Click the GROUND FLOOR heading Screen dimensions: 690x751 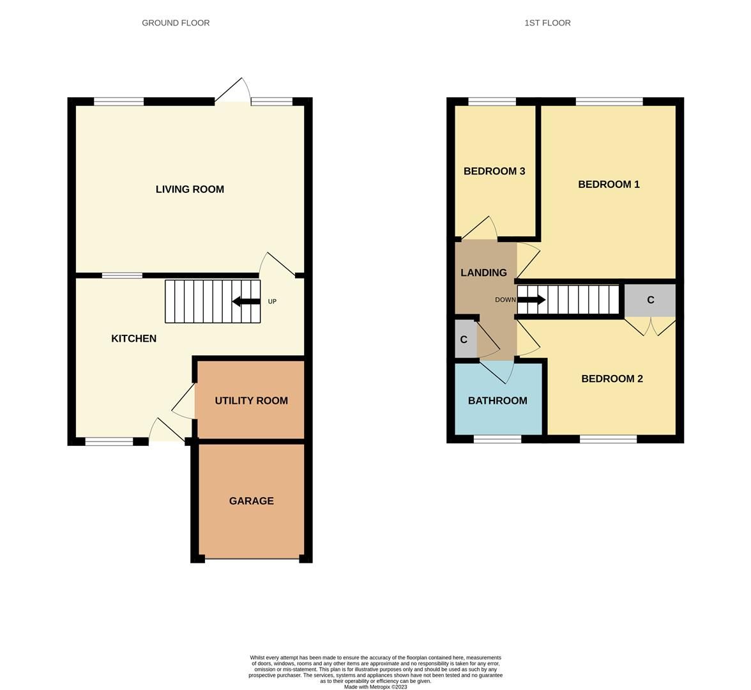tap(176, 23)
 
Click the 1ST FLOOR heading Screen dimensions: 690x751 tap(547, 23)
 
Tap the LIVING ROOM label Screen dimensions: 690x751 tap(190, 189)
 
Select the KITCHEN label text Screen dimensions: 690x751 tap(133, 339)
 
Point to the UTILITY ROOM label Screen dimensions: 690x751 tap(251, 401)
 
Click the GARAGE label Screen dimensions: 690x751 tap(251, 501)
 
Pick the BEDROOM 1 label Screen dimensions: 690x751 tap(609, 185)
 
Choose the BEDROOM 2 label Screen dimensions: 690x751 tap(612, 379)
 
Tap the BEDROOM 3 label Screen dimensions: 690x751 tap(494, 171)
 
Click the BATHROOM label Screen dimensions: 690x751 tap(497, 401)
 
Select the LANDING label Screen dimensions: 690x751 tap(483, 273)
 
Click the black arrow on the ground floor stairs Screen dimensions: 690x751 tap(246, 302)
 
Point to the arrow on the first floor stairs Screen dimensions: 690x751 tap(531, 300)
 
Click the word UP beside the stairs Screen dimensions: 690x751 tap(272, 302)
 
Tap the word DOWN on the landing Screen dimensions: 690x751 tap(505, 300)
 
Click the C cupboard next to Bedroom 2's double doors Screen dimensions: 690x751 tap(650, 300)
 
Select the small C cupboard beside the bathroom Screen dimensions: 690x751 tap(464, 340)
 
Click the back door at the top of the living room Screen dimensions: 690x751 tap(232, 91)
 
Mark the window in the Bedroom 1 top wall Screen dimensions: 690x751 tap(609, 101)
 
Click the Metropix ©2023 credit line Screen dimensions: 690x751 tap(375, 687)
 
